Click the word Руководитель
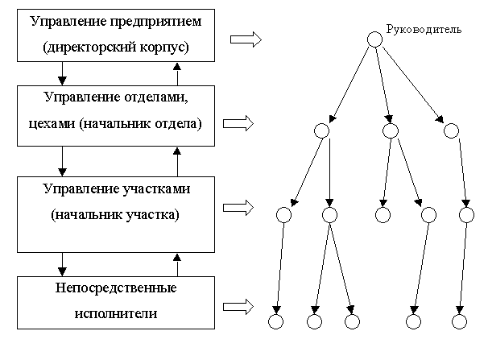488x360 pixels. (424, 30)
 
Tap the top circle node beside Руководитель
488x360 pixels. (374, 39)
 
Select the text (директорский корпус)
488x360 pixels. (116, 47)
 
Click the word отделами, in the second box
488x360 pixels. (156, 97)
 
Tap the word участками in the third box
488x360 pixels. (151, 189)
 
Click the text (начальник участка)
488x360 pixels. (115, 215)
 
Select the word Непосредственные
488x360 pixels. (116, 288)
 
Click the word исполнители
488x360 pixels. (116, 313)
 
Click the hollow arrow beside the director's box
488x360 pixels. (246, 39)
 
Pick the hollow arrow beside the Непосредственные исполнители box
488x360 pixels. (238, 307)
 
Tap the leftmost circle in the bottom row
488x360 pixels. (275, 321)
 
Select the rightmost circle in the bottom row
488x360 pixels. (459, 321)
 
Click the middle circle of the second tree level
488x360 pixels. (391, 130)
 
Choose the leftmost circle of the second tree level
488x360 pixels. (321, 130)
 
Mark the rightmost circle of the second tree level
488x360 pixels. (451, 130)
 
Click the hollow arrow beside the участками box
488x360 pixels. (238, 208)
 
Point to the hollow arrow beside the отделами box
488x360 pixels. (238, 123)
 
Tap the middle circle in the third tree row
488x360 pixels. (383, 215)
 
